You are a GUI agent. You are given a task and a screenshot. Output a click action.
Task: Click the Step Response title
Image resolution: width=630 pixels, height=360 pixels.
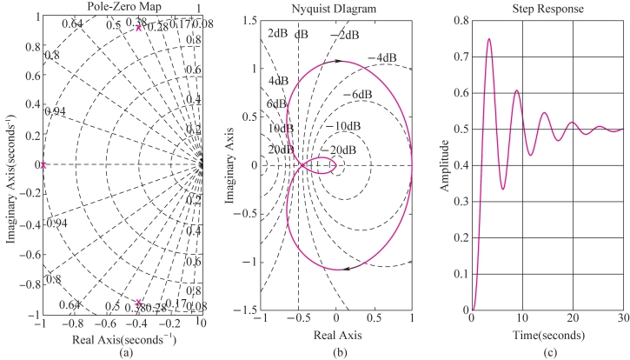point(548,7)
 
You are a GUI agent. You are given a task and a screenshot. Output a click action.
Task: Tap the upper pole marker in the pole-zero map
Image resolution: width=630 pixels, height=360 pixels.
point(138,28)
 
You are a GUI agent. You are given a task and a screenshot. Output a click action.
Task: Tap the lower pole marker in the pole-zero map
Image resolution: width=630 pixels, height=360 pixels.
point(138,303)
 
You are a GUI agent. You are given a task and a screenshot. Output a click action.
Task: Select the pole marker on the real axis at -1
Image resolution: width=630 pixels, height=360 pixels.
point(42,165)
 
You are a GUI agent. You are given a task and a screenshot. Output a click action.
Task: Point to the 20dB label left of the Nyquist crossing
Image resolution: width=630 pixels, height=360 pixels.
point(278,150)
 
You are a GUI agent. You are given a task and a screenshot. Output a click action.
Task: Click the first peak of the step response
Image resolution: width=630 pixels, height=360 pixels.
point(489,39)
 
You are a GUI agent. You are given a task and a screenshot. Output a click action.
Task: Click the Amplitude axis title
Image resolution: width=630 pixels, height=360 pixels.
point(443,165)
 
